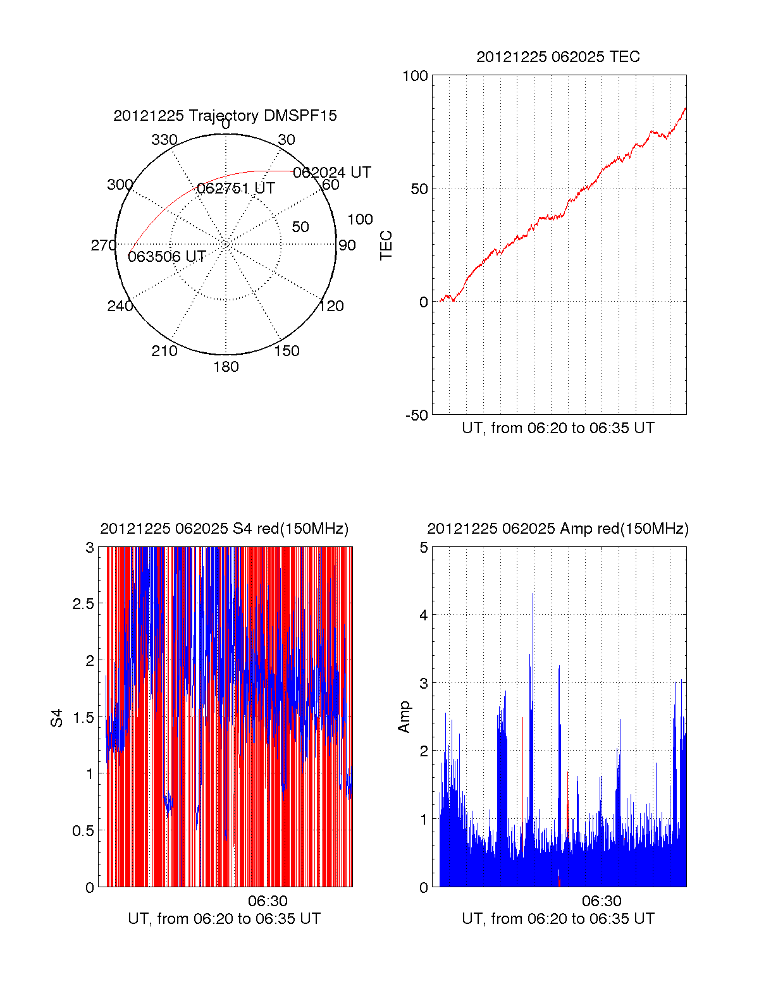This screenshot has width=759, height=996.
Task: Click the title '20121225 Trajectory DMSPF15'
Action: [x=225, y=116]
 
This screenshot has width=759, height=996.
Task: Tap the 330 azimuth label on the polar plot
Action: [x=164, y=140]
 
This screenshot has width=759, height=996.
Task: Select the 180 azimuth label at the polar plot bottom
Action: [x=226, y=367]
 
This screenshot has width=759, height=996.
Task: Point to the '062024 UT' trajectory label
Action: [x=331, y=172]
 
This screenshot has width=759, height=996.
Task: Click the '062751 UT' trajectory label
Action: [x=236, y=188]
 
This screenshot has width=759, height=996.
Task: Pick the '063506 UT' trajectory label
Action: [x=167, y=256]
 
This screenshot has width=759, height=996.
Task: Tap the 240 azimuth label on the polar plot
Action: [x=120, y=306]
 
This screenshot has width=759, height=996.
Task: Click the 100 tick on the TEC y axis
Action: [x=415, y=76]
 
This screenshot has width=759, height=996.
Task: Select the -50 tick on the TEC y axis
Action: [x=417, y=415]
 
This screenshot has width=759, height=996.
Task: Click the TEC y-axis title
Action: [x=386, y=245]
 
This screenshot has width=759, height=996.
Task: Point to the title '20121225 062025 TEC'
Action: [x=558, y=57]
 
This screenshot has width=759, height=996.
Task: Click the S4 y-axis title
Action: [x=57, y=718]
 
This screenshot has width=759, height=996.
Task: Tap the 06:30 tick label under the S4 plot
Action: [x=268, y=901]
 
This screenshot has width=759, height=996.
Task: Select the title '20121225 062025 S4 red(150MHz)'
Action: [x=225, y=529]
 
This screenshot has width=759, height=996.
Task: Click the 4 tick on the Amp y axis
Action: [x=424, y=615]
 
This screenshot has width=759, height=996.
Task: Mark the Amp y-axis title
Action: [x=404, y=717]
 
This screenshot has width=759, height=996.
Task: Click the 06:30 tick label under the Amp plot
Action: [x=602, y=901]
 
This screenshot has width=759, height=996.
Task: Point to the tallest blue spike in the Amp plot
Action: [x=533, y=594]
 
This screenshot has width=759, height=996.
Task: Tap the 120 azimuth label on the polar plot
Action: [x=331, y=306]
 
